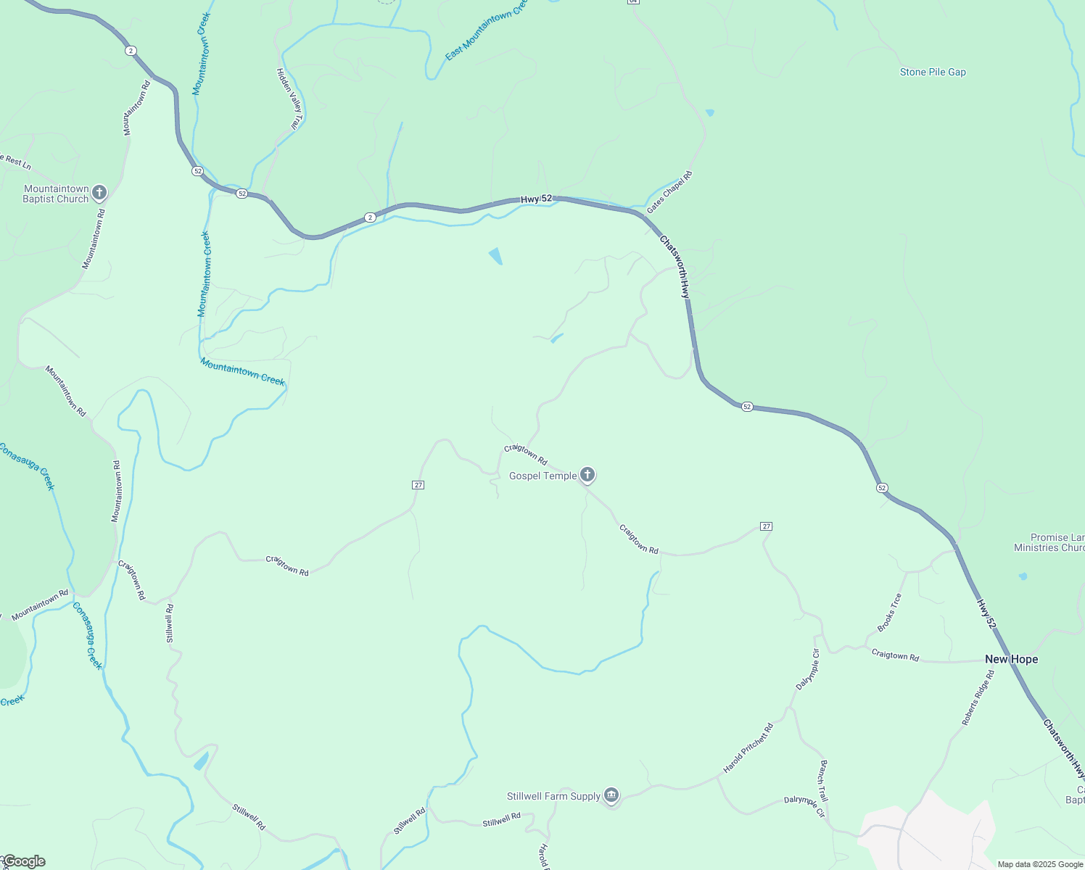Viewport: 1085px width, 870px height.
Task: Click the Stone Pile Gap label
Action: pos(933,72)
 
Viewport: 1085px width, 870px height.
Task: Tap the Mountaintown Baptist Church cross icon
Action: pos(99,193)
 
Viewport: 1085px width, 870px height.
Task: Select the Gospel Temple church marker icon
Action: pos(587,475)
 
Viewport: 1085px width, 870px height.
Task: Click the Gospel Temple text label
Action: pos(542,476)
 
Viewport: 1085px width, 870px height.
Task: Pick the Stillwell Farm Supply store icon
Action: pos(611,796)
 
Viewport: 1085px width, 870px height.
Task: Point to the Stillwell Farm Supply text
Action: pos(553,797)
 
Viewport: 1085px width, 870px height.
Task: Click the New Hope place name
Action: pos(1011,659)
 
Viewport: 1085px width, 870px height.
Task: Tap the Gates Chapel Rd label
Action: pos(669,192)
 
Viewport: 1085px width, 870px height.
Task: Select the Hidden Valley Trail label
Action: pos(289,99)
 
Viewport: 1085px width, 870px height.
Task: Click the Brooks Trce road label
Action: pos(890,613)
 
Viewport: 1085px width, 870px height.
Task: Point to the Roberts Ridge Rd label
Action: pos(978,697)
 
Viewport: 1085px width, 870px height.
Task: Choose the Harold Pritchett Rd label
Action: pos(748,748)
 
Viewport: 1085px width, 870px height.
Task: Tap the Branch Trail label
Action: pos(823,781)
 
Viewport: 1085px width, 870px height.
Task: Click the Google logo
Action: pos(23,861)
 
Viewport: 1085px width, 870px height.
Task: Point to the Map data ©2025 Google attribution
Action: pos(1040,864)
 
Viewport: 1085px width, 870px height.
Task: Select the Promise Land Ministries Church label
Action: pos(1052,543)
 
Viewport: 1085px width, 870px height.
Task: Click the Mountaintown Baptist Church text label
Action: pos(56,194)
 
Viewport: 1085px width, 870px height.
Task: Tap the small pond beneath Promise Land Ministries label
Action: pos(1023,577)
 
